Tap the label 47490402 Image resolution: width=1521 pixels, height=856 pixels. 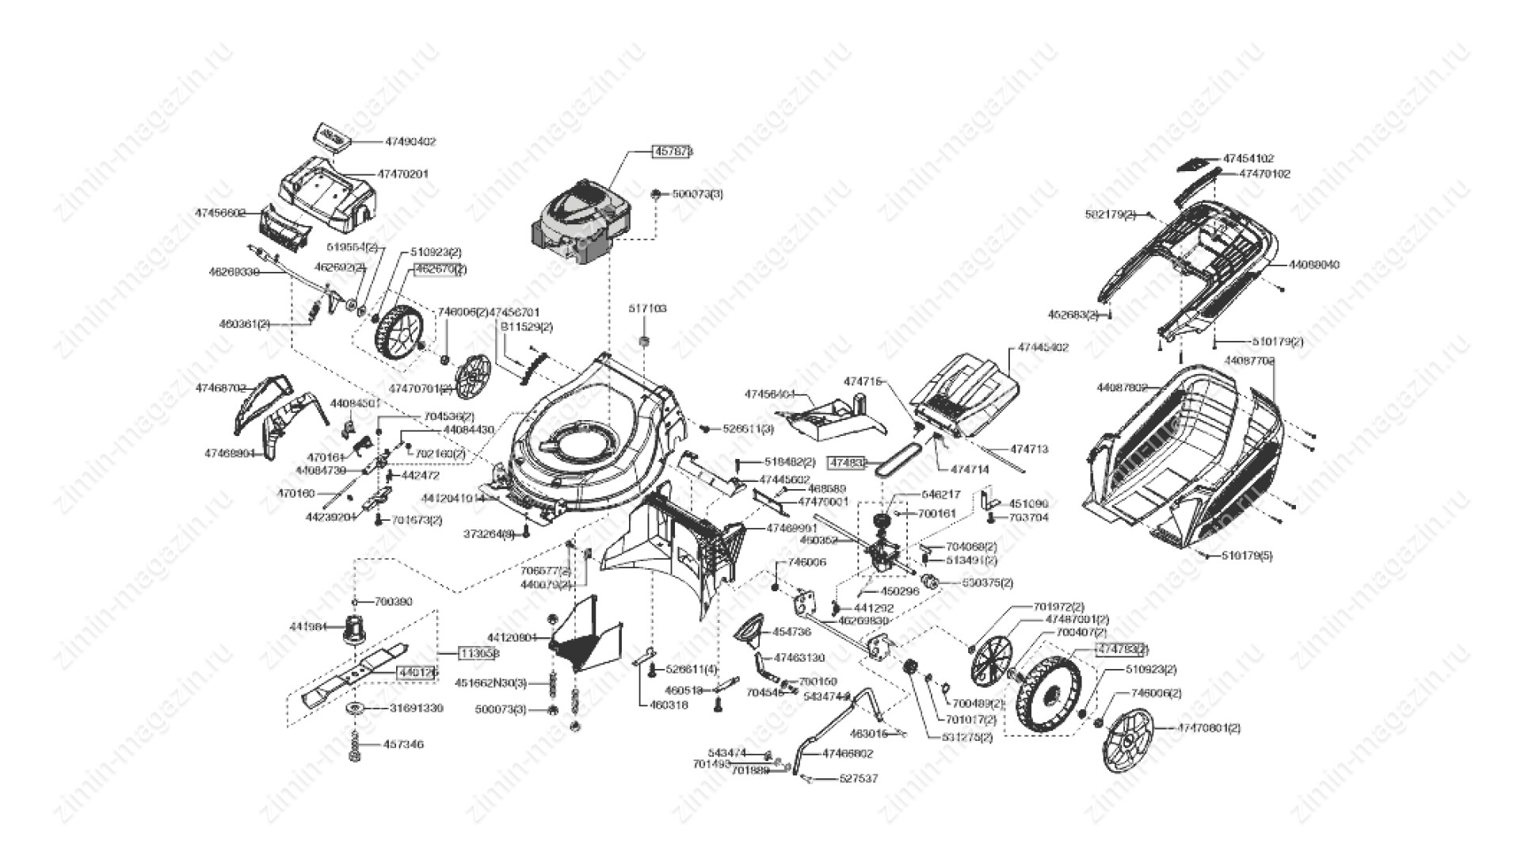pyautogui.click(x=410, y=142)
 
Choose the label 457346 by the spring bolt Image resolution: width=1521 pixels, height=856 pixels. pyautogui.click(x=403, y=745)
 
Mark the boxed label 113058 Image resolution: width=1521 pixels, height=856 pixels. pyautogui.click(x=479, y=653)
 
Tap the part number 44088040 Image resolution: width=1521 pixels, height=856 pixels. pyautogui.click(x=1314, y=265)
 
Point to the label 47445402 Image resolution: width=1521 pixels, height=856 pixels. pyautogui.click(x=1043, y=347)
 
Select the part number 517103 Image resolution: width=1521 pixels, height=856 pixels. pyautogui.click(x=648, y=308)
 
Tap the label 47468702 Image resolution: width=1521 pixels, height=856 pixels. pyautogui.click(x=221, y=388)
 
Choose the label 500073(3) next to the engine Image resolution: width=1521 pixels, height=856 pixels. pyautogui.click(x=697, y=193)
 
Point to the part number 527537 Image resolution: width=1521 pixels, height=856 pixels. pyautogui.click(x=859, y=779)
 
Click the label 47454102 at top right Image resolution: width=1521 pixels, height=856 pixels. pyautogui.click(x=1248, y=159)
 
